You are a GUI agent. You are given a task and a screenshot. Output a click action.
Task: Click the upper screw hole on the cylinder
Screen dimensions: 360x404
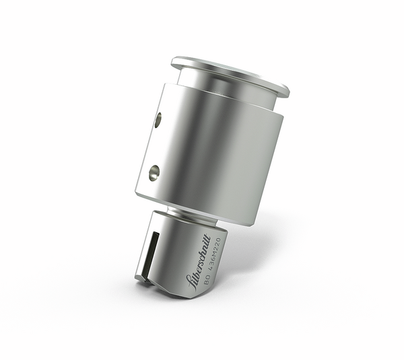pos(158,120)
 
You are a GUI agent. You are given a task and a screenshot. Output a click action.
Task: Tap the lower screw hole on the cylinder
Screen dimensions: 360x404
pos(154,173)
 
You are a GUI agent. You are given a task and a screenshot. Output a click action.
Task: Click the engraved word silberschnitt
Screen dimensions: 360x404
pos(199,260)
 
